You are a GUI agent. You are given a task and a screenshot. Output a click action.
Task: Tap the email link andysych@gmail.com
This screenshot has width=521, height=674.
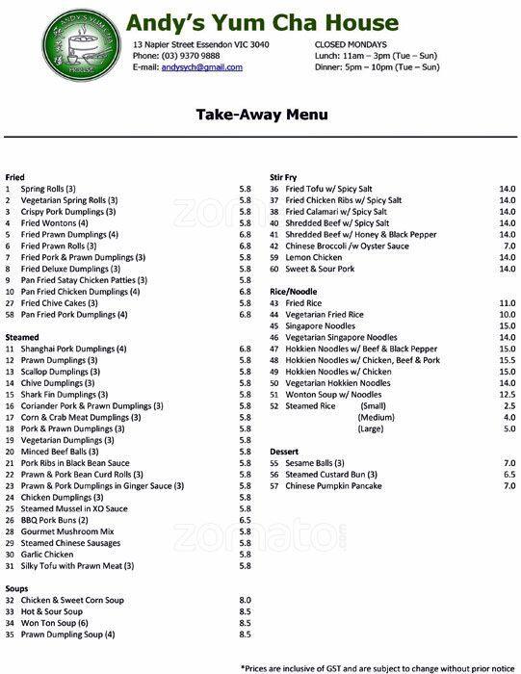click(x=201, y=67)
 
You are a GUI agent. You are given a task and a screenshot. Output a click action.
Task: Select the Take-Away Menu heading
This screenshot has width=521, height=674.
click(x=261, y=115)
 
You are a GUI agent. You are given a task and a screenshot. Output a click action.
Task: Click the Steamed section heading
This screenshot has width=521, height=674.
click(x=22, y=337)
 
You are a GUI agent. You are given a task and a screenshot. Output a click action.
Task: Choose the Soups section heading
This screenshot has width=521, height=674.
click(x=16, y=588)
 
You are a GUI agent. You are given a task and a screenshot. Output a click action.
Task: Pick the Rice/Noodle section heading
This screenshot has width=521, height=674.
click(x=294, y=291)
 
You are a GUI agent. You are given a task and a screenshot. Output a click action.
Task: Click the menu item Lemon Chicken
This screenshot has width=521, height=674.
click(x=314, y=257)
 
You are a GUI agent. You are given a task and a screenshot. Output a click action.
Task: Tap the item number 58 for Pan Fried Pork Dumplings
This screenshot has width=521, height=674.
click(x=10, y=315)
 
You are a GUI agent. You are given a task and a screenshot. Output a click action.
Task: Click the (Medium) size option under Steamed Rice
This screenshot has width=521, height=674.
click(x=377, y=418)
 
